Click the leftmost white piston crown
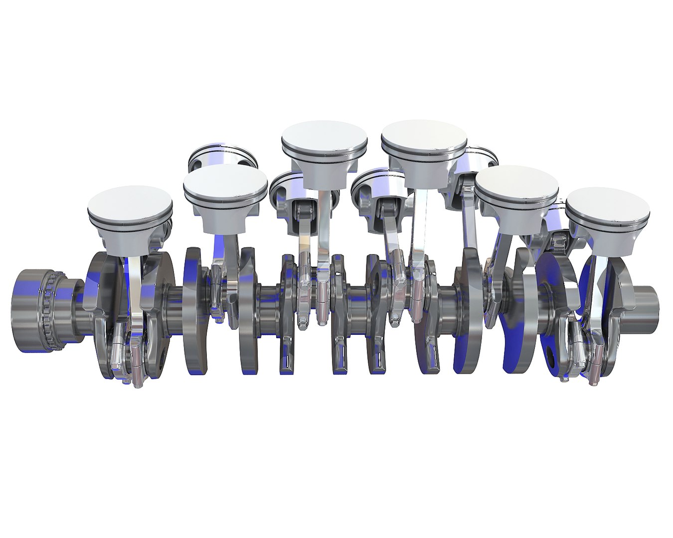tap(130, 202)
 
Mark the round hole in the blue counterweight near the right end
tap(550, 354)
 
